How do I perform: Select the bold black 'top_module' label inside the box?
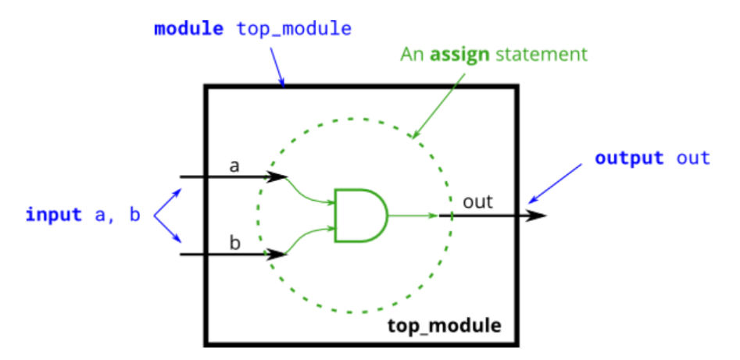pos(445,324)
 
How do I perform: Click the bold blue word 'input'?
pos(54,214)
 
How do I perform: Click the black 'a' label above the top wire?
pos(234,165)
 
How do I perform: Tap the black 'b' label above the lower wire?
pos(234,242)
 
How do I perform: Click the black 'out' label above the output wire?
pos(477,201)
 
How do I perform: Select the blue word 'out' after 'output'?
pos(693,159)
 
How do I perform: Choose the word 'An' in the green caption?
pos(412,55)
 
